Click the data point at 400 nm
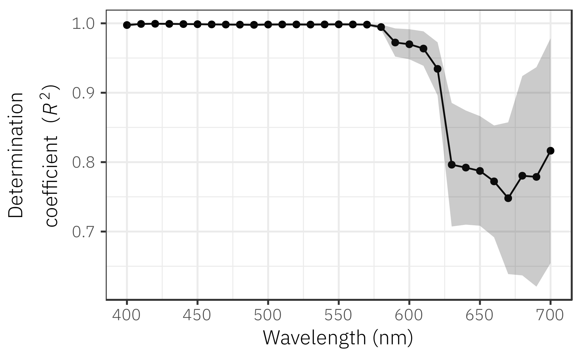coord(127,25)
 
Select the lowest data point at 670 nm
coord(508,198)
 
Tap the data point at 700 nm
coord(550,151)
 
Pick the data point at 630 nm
coord(452,165)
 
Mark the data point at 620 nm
coord(437,69)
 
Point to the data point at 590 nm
coord(395,43)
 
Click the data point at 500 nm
coord(268,24)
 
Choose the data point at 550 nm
coord(339,24)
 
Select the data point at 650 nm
coord(480,171)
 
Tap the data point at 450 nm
coord(197,24)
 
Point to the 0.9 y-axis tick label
coord(82,93)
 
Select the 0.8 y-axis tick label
coord(82,163)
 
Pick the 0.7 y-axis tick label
coord(82,232)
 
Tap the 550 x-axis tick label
coord(339,315)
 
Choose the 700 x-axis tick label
coord(550,315)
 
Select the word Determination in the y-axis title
coord(16,155)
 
